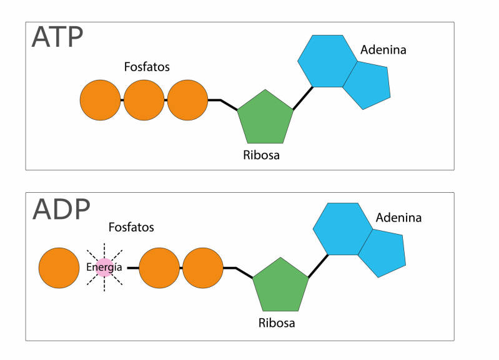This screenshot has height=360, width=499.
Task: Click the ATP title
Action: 57,37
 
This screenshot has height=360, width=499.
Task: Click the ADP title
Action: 61,209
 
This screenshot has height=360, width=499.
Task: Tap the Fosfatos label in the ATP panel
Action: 147,67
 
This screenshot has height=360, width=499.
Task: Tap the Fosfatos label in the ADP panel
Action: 131,227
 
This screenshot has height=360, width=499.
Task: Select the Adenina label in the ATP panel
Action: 383,50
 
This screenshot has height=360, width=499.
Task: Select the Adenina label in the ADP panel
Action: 398,218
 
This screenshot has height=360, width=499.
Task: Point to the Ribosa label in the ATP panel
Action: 261,155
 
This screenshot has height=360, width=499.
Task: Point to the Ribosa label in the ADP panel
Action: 277,323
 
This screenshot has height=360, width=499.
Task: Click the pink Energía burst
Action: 104,267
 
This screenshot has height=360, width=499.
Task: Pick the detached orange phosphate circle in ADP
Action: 59,268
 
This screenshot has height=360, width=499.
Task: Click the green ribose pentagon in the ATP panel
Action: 265,119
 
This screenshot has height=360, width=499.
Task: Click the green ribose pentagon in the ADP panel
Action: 280,286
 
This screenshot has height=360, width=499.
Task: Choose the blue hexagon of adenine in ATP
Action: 327,61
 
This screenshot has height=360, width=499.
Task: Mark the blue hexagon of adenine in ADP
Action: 342,228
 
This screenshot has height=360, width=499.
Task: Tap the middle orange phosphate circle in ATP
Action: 144,100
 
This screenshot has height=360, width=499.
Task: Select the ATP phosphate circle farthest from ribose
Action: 101,100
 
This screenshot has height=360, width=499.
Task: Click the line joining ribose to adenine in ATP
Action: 303,99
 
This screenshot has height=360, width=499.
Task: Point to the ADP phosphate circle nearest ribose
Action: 203,268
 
